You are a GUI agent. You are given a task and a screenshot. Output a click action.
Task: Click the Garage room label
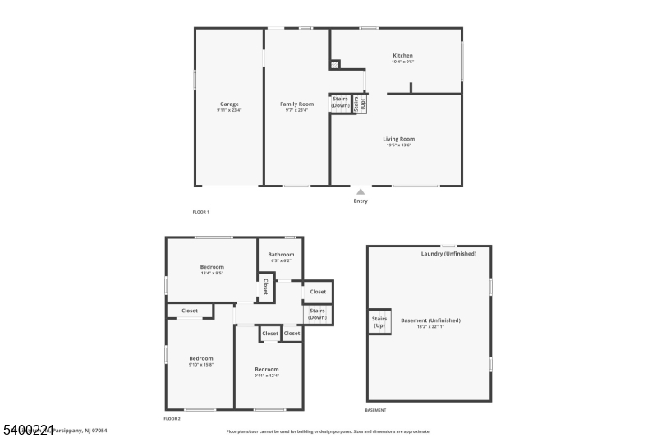click(x=229, y=104)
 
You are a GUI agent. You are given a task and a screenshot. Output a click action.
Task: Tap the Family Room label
click(x=296, y=104)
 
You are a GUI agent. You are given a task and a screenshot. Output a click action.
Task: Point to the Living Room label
click(x=398, y=139)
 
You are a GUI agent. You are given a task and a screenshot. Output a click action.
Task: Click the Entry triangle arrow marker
click(x=361, y=191)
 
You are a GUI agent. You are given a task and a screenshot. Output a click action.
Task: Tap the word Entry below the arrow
click(x=361, y=201)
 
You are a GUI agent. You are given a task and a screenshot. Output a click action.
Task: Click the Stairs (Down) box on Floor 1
click(x=341, y=103)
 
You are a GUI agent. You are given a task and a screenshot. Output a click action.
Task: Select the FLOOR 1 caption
click(x=201, y=212)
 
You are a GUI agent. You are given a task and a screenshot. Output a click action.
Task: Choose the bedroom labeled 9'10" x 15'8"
click(x=201, y=359)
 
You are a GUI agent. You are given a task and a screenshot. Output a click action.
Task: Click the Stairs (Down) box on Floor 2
click(x=318, y=313)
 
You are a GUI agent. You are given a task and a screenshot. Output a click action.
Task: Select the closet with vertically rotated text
click(x=265, y=287)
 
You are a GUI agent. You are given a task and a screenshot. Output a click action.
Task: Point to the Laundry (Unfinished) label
click(x=448, y=254)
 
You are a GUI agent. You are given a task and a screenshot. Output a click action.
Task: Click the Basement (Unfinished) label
click(x=430, y=320)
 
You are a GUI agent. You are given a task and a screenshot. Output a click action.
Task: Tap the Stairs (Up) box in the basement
click(x=379, y=322)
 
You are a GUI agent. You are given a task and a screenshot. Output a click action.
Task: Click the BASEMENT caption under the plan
click(x=375, y=410)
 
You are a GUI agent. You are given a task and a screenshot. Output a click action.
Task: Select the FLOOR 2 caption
click(x=172, y=419)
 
